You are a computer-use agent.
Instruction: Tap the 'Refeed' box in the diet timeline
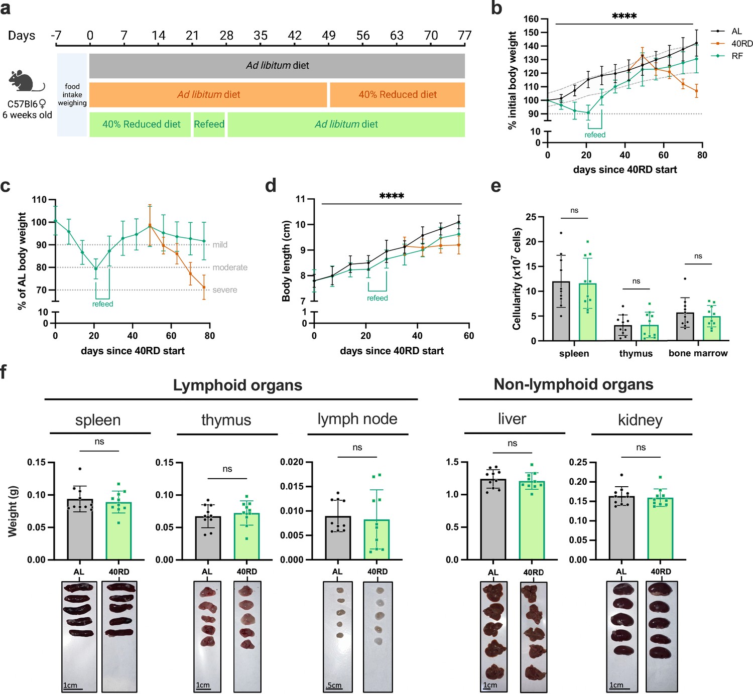pos(209,124)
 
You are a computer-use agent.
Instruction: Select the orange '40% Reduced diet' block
pos(397,95)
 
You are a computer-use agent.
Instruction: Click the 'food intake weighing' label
pos(72,95)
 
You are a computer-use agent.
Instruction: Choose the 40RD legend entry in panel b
pos(731,44)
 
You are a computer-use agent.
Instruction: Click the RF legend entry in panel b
pos(726,56)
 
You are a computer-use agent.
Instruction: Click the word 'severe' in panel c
pos(224,290)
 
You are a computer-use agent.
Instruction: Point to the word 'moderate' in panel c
pos(230,267)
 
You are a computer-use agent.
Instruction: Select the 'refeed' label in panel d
pos(378,298)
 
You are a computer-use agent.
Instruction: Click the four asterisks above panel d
pos(392,196)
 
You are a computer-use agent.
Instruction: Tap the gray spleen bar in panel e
pos(561,311)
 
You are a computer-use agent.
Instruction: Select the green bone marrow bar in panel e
pos(711,329)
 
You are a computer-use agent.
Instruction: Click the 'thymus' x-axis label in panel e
pos(636,354)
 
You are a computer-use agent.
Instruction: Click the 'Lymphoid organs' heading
pos(238,385)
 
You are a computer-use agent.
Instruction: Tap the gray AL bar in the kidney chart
pos(621,528)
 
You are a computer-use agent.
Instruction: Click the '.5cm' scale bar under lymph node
pos(334,686)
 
